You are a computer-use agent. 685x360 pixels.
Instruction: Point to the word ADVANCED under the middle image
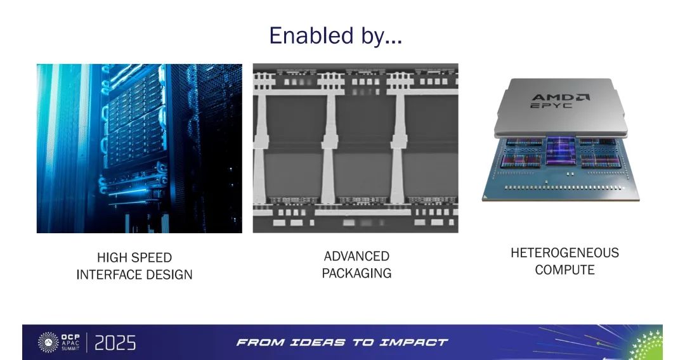356,256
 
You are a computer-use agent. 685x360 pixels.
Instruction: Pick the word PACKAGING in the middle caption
356,273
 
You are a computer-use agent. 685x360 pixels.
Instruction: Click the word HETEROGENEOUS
565,253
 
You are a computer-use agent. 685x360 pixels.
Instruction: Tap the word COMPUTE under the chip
565,269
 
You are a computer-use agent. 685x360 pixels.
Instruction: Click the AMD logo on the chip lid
561,97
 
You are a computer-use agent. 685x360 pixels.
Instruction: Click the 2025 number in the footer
115,343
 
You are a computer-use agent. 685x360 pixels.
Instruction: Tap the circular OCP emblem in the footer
48,342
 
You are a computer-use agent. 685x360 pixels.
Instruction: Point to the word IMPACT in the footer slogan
414,342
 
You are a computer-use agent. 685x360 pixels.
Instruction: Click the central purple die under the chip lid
561,151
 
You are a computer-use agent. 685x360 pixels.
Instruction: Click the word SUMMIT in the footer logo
70,349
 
